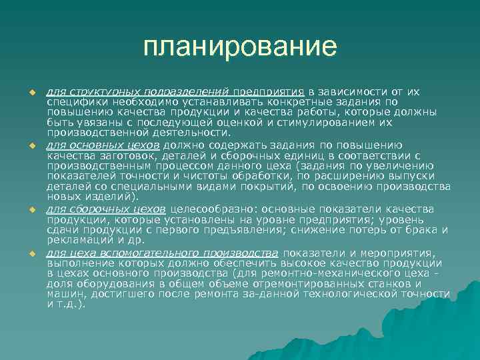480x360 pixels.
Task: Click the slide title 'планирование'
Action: pos(240,47)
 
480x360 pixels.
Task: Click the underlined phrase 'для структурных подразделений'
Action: pos(138,91)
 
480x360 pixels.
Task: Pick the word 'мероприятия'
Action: pos(401,253)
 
